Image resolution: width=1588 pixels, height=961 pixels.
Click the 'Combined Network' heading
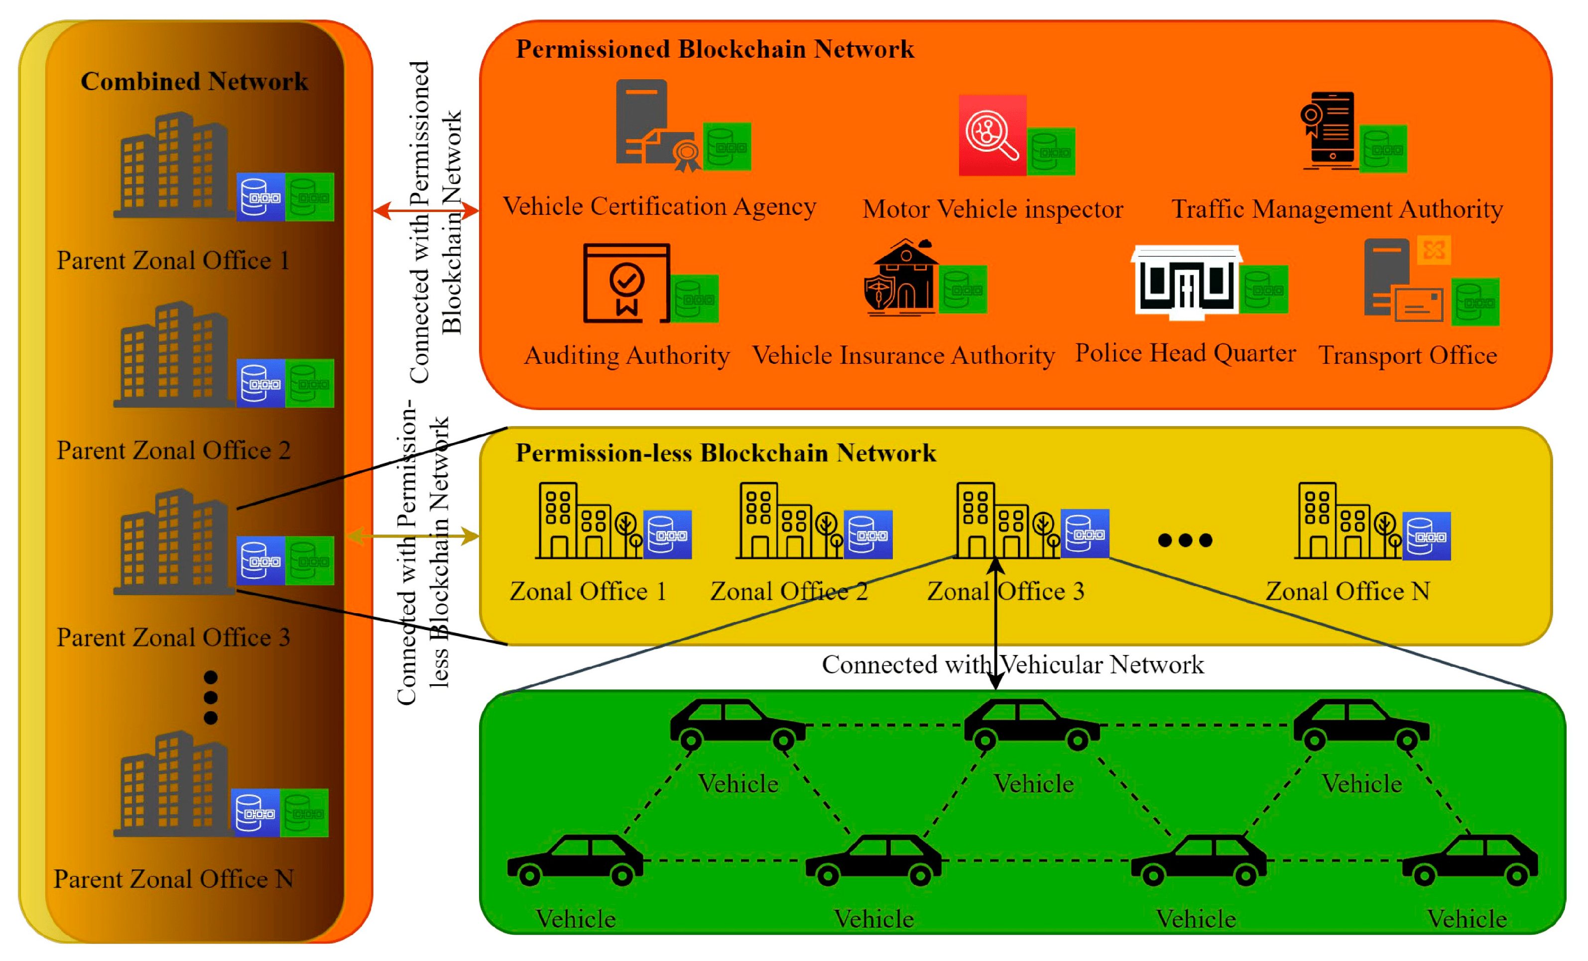click(x=194, y=82)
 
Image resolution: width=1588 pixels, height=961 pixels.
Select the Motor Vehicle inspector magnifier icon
click(x=992, y=135)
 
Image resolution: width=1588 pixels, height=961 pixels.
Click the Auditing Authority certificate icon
click(x=626, y=283)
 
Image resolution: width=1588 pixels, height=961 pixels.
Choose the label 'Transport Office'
click(x=1408, y=355)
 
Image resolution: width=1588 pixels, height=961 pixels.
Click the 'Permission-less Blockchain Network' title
click(x=726, y=453)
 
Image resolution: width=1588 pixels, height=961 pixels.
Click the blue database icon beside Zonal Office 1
click(x=668, y=534)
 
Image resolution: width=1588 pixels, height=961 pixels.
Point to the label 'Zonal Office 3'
click(x=1005, y=591)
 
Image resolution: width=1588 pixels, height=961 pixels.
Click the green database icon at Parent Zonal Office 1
click(x=309, y=197)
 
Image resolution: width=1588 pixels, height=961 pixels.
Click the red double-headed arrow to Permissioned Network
click(x=426, y=210)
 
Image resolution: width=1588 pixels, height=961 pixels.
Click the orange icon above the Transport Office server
click(x=1434, y=250)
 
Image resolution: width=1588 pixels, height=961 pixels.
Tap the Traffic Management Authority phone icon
click(x=1329, y=131)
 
